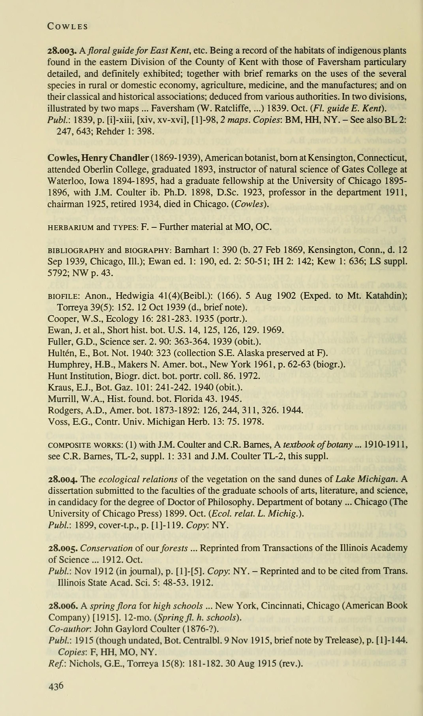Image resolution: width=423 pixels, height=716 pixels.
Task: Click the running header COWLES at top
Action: click(68, 26)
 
